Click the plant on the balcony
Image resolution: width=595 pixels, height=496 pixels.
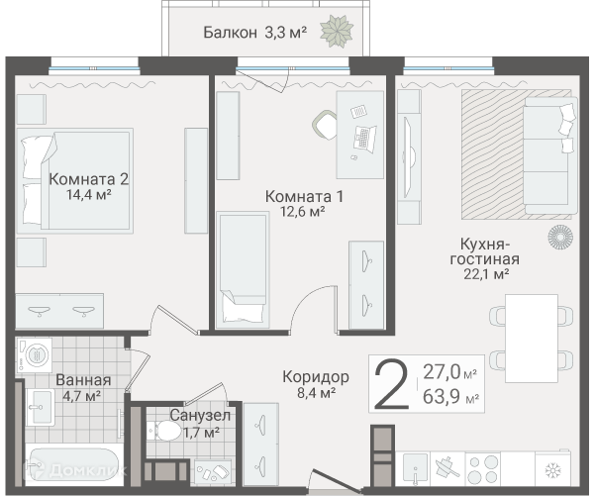pyautogui.click(x=337, y=32)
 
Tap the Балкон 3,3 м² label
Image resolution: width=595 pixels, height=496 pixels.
pyautogui.click(x=255, y=33)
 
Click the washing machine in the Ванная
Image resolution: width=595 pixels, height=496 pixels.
pyautogui.click(x=34, y=355)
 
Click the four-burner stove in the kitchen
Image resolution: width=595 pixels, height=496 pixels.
pyautogui.click(x=482, y=469)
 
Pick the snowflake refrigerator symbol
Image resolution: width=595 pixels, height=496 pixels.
pyautogui.click(x=552, y=471)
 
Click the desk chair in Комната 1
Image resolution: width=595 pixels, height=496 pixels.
pyautogui.click(x=325, y=125)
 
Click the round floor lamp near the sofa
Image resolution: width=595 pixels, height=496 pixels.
pyautogui.click(x=560, y=237)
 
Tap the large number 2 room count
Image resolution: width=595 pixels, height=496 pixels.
pyautogui.click(x=391, y=385)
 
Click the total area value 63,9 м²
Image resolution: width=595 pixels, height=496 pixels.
pyautogui.click(x=450, y=397)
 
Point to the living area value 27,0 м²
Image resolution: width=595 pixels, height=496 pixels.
pyautogui.click(x=450, y=371)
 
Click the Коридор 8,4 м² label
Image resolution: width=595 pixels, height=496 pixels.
pyautogui.click(x=316, y=384)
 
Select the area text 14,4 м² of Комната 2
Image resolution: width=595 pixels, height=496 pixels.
pyautogui.click(x=89, y=195)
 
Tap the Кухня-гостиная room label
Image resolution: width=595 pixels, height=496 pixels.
pyautogui.click(x=484, y=251)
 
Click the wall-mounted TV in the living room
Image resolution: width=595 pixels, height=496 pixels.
pyautogui.click(x=409, y=157)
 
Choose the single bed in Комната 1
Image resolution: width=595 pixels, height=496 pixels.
pyautogui.click(x=243, y=269)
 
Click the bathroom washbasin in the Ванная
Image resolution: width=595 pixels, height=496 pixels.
pyautogui.click(x=41, y=407)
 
